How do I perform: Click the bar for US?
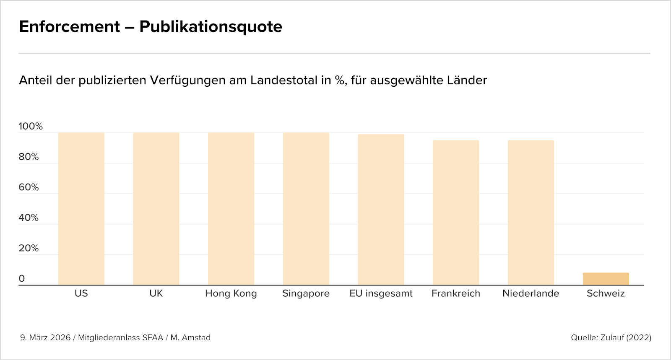(81, 209)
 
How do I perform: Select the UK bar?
(156, 209)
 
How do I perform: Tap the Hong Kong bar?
(231, 209)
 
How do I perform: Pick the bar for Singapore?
(306, 209)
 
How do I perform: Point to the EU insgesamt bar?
(381, 210)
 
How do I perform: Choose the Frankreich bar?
(456, 213)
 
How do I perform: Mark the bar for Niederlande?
(531, 213)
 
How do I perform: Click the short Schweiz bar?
(606, 279)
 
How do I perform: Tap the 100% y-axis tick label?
(31, 126)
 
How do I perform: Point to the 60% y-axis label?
(29, 187)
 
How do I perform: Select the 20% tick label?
(29, 248)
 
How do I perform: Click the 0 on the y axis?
(21, 279)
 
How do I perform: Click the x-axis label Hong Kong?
(231, 293)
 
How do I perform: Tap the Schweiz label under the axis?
(606, 293)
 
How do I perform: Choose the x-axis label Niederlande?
(531, 293)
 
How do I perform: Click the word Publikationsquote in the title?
(211, 27)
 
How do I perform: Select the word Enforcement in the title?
(70, 27)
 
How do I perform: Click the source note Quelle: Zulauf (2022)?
(611, 337)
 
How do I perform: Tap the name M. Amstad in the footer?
(190, 337)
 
